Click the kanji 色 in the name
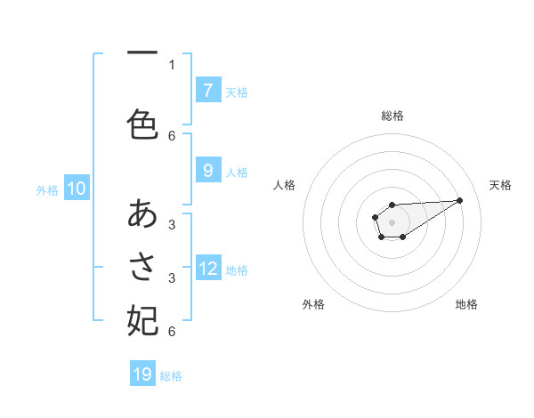coord(143,124)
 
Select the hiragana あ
coord(143,213)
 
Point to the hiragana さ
coord(143,266)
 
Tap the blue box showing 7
coord(207,90)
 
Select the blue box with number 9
coord(207,171)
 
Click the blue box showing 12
coord(208,269)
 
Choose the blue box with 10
coord(77,189)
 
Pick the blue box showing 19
coord(142,374)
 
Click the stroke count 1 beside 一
coord(172,64)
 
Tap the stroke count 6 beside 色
coord(172,135)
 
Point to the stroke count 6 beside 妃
coord(172,332)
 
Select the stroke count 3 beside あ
coord(172,224)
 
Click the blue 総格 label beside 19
coord(171,376)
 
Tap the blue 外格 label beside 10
coord(47,190)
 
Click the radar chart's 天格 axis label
coord(500,185)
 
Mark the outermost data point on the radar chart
coord(460,199)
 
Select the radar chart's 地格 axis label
coord(466,304)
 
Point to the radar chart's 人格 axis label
coord(284,185)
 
